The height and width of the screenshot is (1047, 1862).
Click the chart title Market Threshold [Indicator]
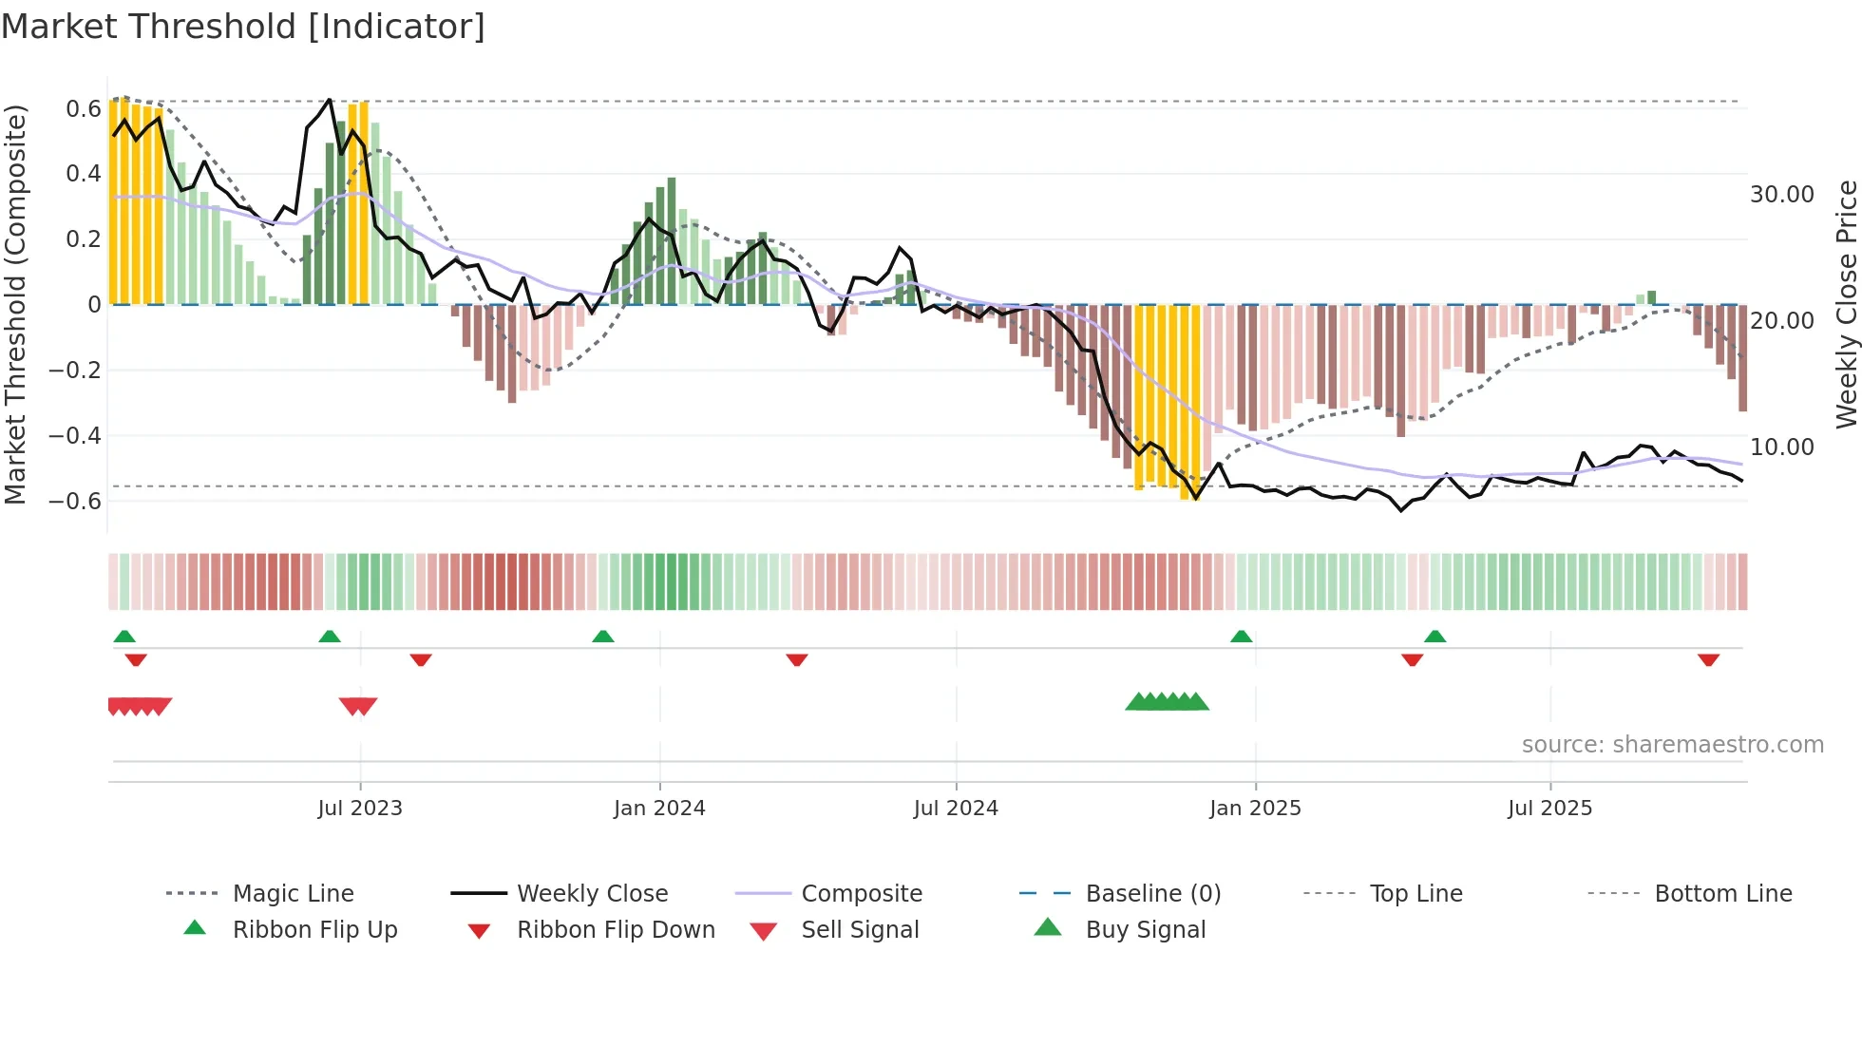click(243, 27)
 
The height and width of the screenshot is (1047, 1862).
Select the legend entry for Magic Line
click(293, 893)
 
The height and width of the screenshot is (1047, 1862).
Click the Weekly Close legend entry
click(592, 893)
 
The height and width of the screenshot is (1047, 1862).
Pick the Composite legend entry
click(862, 893)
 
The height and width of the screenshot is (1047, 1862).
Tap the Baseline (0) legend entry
click(1152, 893)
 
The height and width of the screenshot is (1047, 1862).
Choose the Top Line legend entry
click(1415, 893)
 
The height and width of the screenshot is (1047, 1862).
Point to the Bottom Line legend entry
click(1722, 893)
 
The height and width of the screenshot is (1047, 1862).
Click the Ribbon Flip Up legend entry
click(314, 929)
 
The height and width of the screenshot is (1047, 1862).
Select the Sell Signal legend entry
click(860, 929)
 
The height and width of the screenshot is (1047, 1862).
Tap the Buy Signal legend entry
click(1145, 929)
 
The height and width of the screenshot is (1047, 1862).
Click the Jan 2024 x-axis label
click(659, 808)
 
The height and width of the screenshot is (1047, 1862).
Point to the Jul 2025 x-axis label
click(1549, 808)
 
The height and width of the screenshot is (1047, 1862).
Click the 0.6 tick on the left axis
click(83, 109)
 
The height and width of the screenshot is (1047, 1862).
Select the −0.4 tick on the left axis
click(75, 436)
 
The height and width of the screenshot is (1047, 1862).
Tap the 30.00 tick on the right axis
click(1781, 195)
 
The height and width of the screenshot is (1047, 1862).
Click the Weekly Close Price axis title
click(1846, 304)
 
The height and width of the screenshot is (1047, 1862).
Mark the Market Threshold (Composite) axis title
click(15, 304)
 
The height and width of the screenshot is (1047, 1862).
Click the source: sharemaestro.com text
click(1672, 744)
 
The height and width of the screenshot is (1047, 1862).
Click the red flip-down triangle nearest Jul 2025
click(1412, 659)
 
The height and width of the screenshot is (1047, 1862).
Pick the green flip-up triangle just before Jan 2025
click(1241, 637)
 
